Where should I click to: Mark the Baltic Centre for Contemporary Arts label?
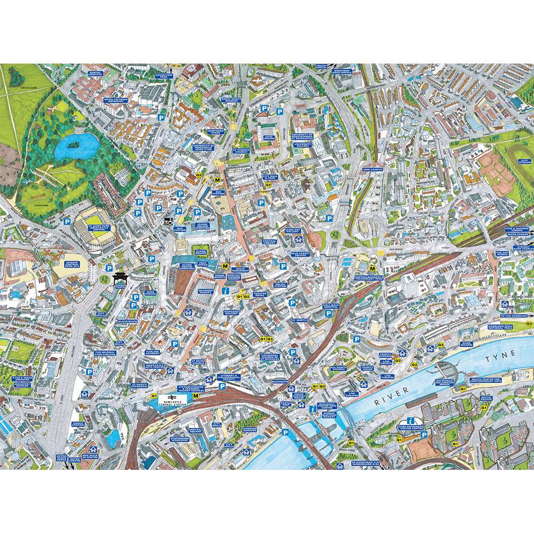point(486,380)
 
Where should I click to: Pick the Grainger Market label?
point(205,292)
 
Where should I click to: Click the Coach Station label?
point(78,425)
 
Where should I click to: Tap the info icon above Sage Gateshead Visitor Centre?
point(411,421)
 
